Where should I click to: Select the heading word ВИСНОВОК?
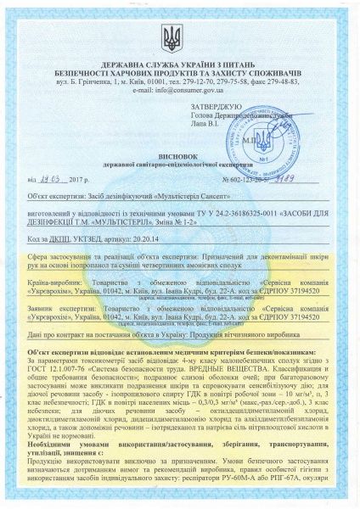coord(179,168)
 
